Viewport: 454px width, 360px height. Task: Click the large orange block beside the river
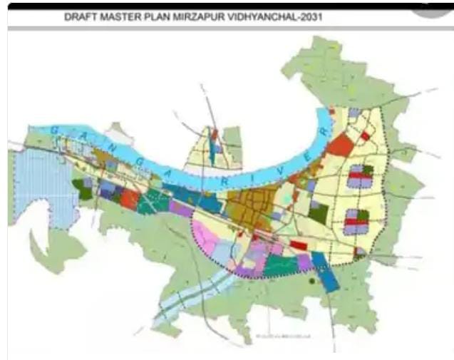(340, 145)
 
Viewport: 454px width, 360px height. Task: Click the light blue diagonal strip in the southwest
(192, 299)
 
